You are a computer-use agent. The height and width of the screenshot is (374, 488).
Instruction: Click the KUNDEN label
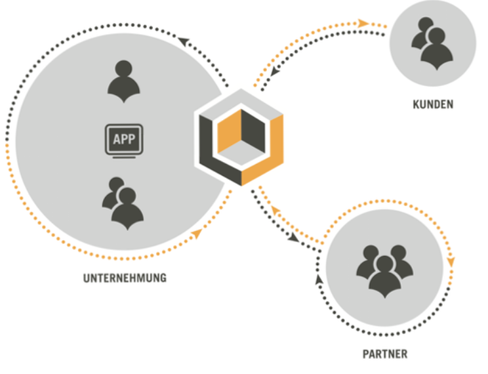coord(432,104)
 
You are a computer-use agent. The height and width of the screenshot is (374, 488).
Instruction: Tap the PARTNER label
coord(384,355)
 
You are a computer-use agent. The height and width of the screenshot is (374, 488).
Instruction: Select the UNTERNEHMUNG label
coord(125,278)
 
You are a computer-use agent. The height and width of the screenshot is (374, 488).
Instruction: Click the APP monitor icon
coord(124,141)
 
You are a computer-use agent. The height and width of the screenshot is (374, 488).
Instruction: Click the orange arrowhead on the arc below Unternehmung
coord(196,234)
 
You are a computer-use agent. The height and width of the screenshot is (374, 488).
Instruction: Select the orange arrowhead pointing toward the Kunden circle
coord(363,24)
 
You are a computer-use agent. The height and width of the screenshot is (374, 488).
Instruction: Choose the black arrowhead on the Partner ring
coord(319,279)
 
